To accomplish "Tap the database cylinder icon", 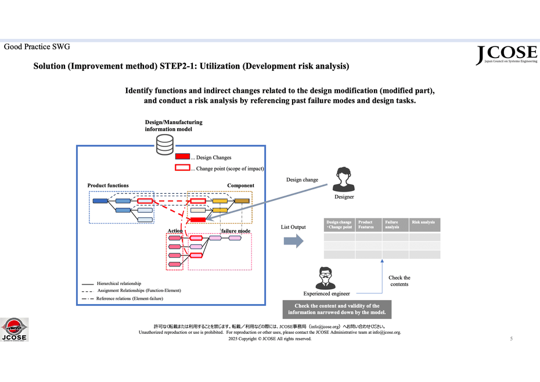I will (165, 142).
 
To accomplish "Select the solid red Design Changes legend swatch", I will (182, 157).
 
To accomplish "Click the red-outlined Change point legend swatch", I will (182, 168).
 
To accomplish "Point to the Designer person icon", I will (344, 179).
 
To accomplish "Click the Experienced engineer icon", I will (325, 278).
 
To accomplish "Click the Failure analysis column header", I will (395, 225).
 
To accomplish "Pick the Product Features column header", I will (368, 225).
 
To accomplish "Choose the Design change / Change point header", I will (339, 225).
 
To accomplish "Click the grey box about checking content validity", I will (337, 309).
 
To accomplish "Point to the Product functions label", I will (108, 186).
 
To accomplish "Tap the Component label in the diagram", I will (240, 186).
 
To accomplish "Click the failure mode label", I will (236, 231).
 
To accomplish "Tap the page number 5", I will (511, 338).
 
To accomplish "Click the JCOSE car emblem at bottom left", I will (14, 329).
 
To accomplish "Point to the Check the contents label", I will (399, 281).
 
